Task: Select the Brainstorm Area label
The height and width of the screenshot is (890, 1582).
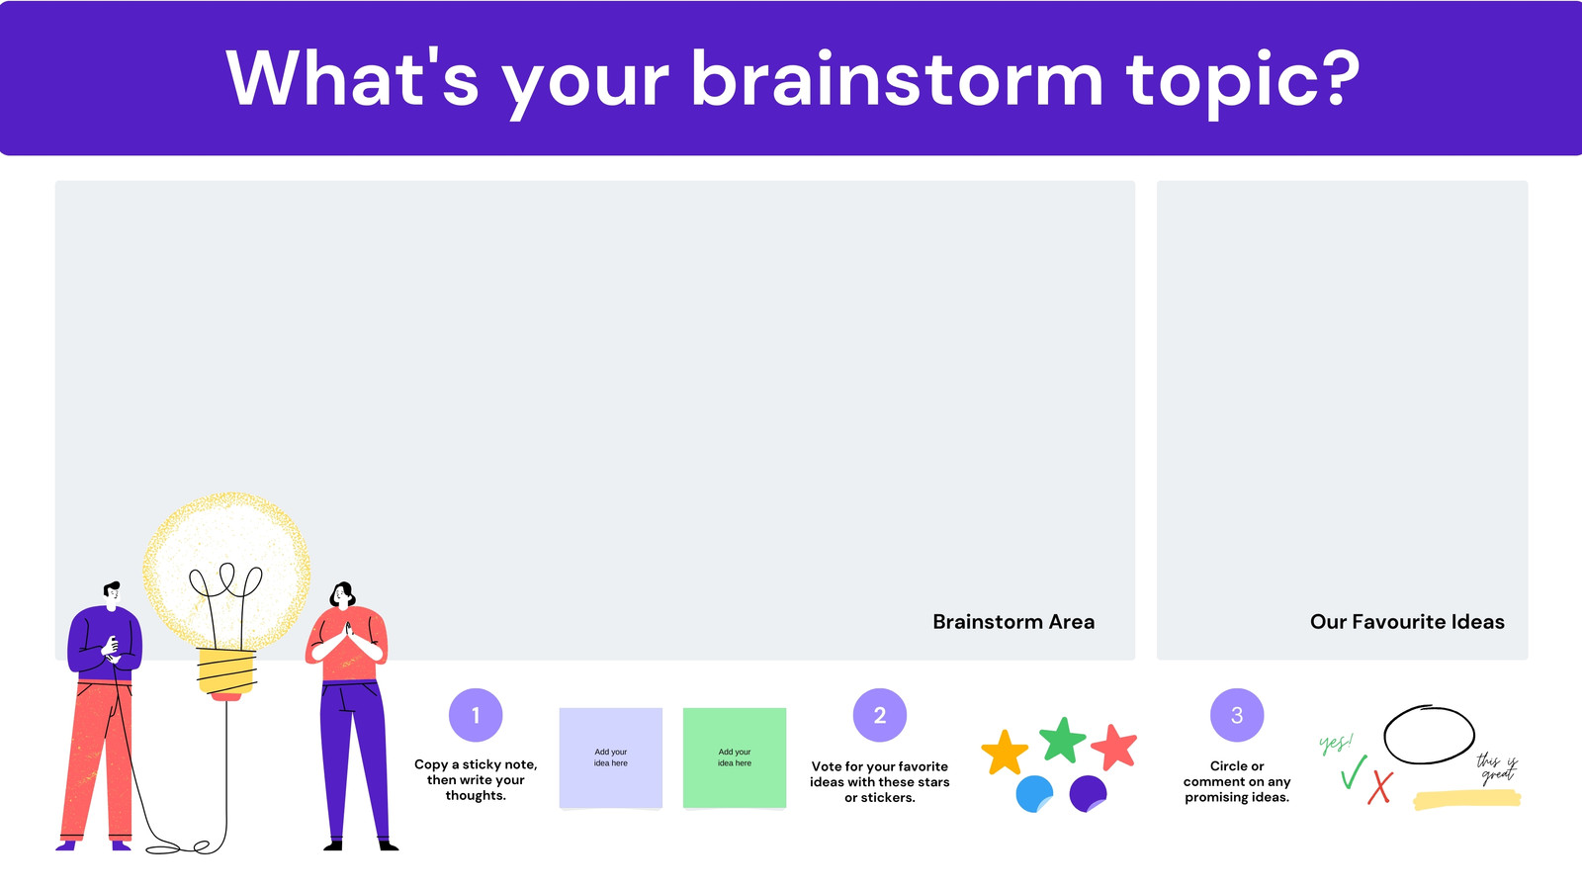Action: pos(1013,622)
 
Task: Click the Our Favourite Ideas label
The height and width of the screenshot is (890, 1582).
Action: pos(1407,622)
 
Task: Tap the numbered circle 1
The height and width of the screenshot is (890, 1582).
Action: pos(476,715)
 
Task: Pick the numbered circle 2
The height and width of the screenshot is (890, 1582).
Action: pos(879,715)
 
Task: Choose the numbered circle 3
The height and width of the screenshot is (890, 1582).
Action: pos(1237,715)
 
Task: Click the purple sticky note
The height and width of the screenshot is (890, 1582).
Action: pos(611,757)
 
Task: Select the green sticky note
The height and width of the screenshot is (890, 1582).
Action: pos(735,757)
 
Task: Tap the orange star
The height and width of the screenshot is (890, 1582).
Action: pos(1005,753)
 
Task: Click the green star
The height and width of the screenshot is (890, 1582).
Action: pos(1062,741)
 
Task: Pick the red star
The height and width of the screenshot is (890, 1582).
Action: pos(1114,748)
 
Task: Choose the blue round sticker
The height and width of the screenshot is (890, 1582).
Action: pos(1034,794)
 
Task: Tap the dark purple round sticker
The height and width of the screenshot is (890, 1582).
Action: pos(1088,793)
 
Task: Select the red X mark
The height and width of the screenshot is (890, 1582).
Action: pos(1380,787)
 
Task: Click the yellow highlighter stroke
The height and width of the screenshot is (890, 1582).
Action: pos(1467,800)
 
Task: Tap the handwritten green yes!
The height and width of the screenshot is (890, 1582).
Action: pos(1336,743)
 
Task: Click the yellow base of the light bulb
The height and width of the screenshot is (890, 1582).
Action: pos(226,671)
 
